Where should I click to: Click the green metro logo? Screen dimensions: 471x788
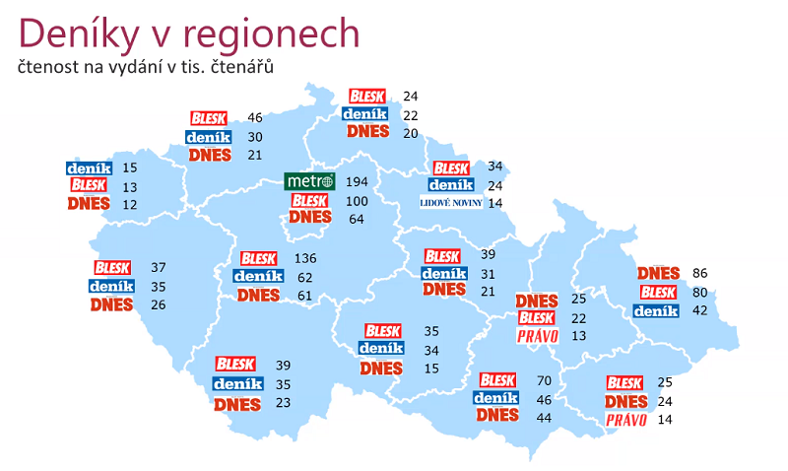pyautogui.click(x=309, y=182)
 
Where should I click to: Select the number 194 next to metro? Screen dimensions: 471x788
pyautogui.click(x=357, y=183)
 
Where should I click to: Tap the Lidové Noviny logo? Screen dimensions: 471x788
pyautogui.click(x=450, y=203)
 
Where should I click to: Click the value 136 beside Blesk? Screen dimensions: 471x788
pyautogui.click(x=304, y=259)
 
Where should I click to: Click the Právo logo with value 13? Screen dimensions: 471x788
pyautogui.click(x=538, y=336)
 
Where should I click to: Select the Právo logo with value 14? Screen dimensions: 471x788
pyautogui.click(x=626, y=420)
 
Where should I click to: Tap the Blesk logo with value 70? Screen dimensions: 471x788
pyautogui.click(x=497, y=379)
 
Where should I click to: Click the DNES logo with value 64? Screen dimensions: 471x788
pyautogui.click(x=310, y=218)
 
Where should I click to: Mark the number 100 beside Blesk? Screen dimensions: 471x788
pyautogui.click(x=357, y=201)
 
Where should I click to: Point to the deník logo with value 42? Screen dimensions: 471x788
pyautogui.click(x=656, y=311)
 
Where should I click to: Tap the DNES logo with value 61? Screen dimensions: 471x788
pyautogui.click(x=258, y=295)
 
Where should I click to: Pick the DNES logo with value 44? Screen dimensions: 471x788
pyautogui.click(x=497, y=416)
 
